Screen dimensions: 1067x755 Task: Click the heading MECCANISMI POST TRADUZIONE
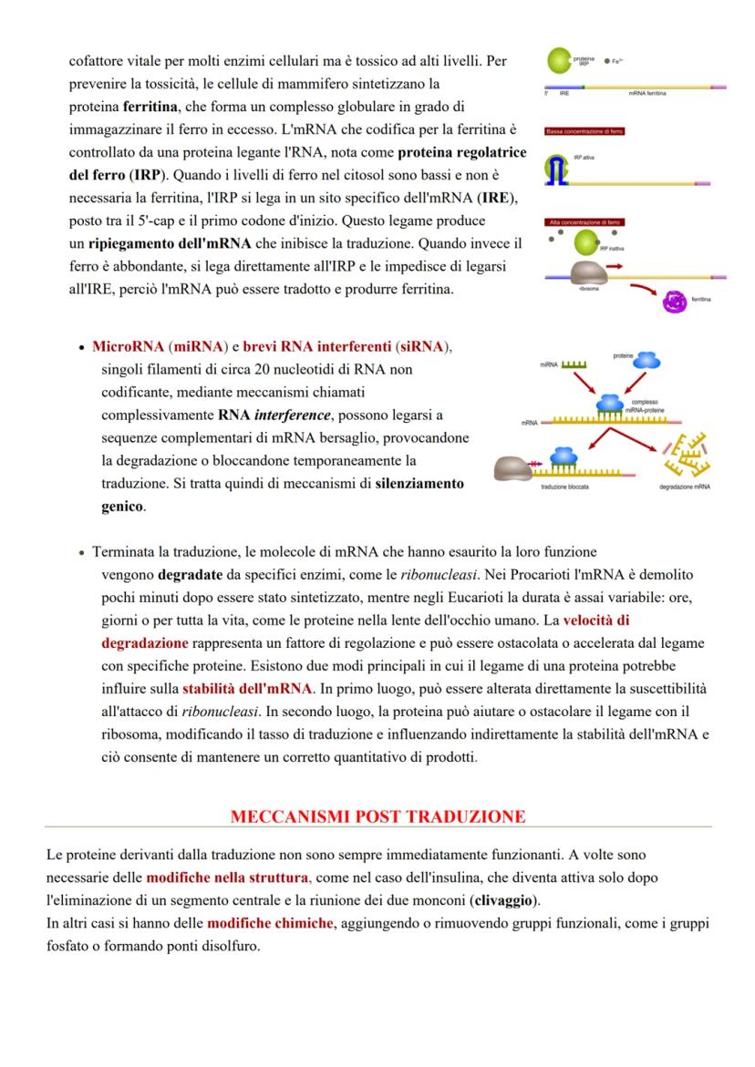(377, 816)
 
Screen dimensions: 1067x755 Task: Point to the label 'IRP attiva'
(584, 159)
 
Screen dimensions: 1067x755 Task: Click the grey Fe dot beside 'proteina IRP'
(606, 60)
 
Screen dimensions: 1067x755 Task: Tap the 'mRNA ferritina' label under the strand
(646, 94)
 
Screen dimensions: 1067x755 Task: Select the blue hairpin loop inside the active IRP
(555, 167)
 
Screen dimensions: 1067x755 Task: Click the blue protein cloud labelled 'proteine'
(623, 362)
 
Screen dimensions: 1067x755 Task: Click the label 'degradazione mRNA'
(685, 487)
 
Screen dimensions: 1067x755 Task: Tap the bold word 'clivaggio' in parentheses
(502, 901)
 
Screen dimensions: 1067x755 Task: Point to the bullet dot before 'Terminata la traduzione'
(83, 553)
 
